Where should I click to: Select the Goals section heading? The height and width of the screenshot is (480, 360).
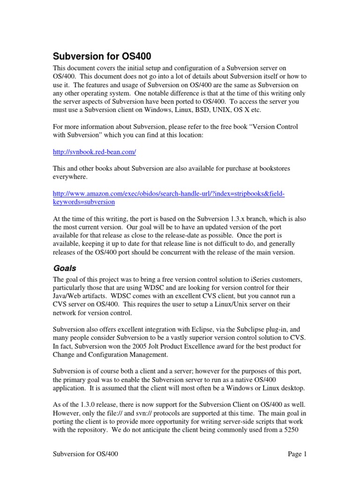point(65,269)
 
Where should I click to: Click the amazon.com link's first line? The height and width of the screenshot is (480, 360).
point(169,193)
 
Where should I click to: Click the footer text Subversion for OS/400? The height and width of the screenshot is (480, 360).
point(89,454)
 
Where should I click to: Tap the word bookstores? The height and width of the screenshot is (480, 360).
point(288,168)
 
